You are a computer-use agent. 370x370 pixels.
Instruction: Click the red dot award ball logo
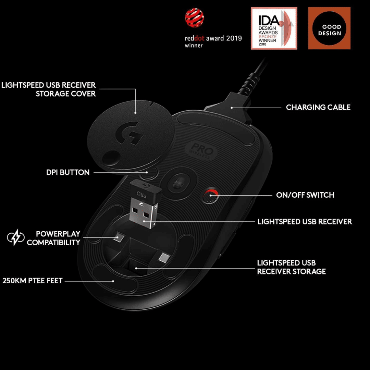(195, 18)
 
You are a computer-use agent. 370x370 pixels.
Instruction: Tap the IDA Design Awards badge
(274, 28)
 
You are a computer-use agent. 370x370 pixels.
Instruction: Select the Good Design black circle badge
(329, 28)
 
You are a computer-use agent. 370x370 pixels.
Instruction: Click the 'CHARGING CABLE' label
(318, 107)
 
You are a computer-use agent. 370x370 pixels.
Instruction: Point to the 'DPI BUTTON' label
(68, 172)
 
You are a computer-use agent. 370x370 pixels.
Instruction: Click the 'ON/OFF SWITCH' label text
(305, 195)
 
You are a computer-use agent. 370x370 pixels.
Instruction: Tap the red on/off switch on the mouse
(211, 195)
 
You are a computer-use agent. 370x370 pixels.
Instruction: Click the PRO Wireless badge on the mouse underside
(202, 151)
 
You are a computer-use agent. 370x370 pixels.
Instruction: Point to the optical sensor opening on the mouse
(180, 183)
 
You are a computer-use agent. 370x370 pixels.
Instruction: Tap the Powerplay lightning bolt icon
(16, 237)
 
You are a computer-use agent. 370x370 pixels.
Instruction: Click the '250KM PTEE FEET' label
(32, 281)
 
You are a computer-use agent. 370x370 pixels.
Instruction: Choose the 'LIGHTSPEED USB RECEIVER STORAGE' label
(291, 267)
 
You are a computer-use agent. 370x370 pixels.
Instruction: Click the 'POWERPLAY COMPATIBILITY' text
(53, 238)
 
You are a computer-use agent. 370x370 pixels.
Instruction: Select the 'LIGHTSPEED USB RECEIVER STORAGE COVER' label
(49, 89)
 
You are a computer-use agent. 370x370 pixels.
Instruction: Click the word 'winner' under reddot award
(194, 46)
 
